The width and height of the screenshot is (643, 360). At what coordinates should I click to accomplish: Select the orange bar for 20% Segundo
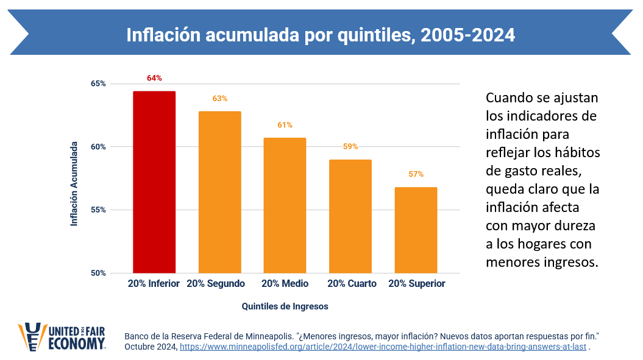coord(220,192)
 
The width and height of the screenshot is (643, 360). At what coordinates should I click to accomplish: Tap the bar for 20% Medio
coord(285,205)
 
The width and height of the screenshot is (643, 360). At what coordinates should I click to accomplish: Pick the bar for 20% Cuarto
coord(350,216)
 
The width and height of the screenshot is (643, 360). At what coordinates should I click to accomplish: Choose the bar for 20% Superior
coord(416,230)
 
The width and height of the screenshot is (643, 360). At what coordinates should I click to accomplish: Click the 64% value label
coord(154,78)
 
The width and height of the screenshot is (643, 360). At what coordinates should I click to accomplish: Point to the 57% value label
coord(416,174)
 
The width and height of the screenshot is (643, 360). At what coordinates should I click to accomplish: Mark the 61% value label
coord(285,125)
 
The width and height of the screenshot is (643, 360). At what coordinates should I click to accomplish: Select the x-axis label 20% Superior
coord(417,284)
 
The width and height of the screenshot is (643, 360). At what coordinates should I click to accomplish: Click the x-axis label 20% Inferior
coord(154,284)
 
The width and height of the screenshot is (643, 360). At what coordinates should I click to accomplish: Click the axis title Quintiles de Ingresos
coord(285,306)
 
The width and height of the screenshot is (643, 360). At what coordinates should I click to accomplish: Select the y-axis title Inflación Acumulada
coord(74,184)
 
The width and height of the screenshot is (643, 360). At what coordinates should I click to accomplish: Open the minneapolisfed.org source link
coord(383,347)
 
